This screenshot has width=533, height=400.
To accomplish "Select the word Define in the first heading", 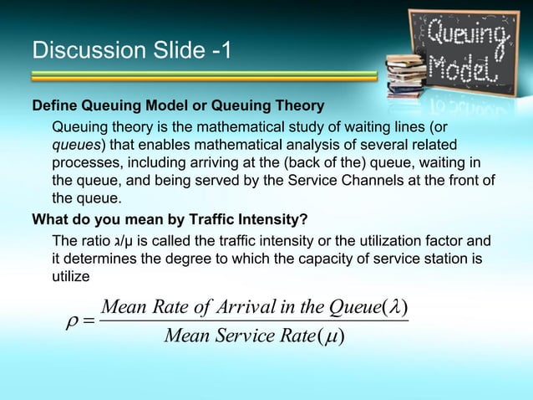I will [x=53, y=108].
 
